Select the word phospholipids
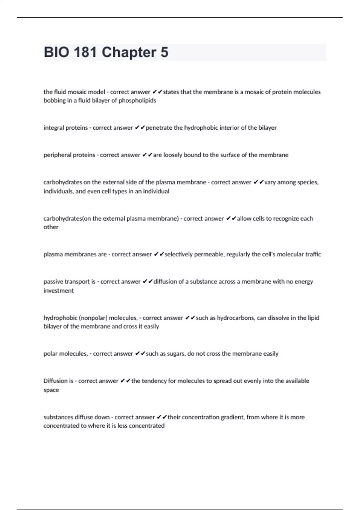point(137,100)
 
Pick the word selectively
point(178,254)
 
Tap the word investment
point(58,291)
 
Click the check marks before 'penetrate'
point(140,128)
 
